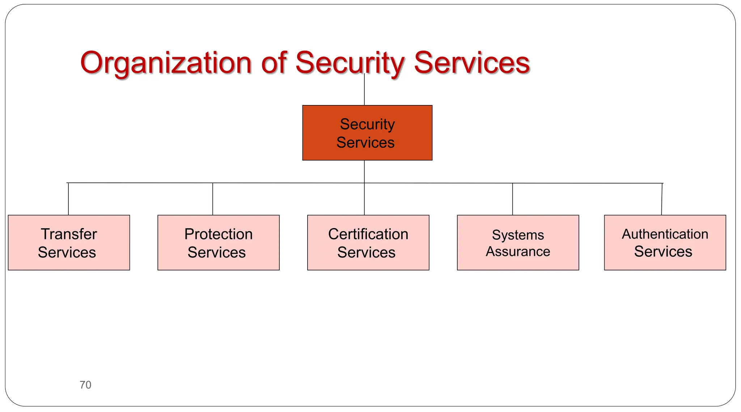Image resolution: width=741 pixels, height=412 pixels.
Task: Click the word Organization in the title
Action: (166, 63)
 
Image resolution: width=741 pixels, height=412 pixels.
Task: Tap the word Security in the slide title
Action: (350, 63)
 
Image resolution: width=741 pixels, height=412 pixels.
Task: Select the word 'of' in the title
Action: (274, 62)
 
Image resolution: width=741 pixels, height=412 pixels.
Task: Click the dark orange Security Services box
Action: (367, 133)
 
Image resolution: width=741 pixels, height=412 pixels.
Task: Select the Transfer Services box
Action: (69, 243)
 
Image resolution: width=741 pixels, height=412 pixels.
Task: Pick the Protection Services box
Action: (219, 243)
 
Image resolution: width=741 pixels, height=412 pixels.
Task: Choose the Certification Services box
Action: (368, 243)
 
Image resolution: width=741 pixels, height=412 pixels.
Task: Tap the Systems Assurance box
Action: (518, 243)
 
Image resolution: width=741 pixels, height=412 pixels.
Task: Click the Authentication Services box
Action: (665, 243)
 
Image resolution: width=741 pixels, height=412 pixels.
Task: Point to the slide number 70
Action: (85, 385)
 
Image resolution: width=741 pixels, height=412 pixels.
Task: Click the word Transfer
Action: (69, 234)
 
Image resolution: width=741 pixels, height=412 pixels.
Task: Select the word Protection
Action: (219, 234)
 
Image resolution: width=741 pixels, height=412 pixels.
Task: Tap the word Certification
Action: (368, 234)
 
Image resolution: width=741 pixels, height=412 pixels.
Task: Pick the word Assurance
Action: (518, 252)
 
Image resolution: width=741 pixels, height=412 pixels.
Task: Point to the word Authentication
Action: (665, 234)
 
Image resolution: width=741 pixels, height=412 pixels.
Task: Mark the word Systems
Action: (518, 235)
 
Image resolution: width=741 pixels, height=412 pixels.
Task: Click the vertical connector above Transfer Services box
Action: (68, 199)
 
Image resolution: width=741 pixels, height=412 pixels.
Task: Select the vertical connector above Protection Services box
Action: (213, 199)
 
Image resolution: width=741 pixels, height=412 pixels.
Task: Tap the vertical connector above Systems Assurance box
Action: (512, 199)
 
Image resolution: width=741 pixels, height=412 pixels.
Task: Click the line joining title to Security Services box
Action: (364, 91)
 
